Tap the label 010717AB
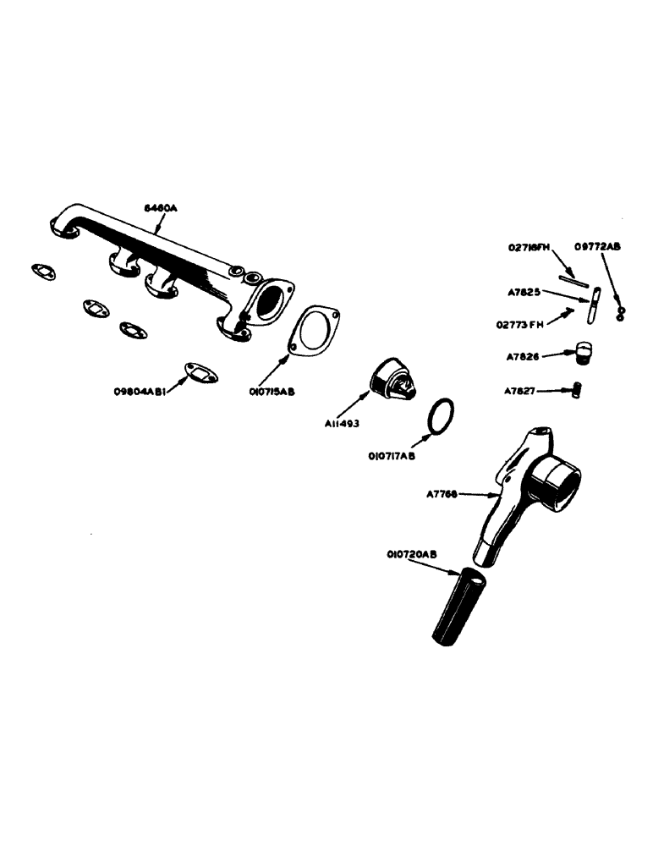392,456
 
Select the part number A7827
520,391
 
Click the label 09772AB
597,246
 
